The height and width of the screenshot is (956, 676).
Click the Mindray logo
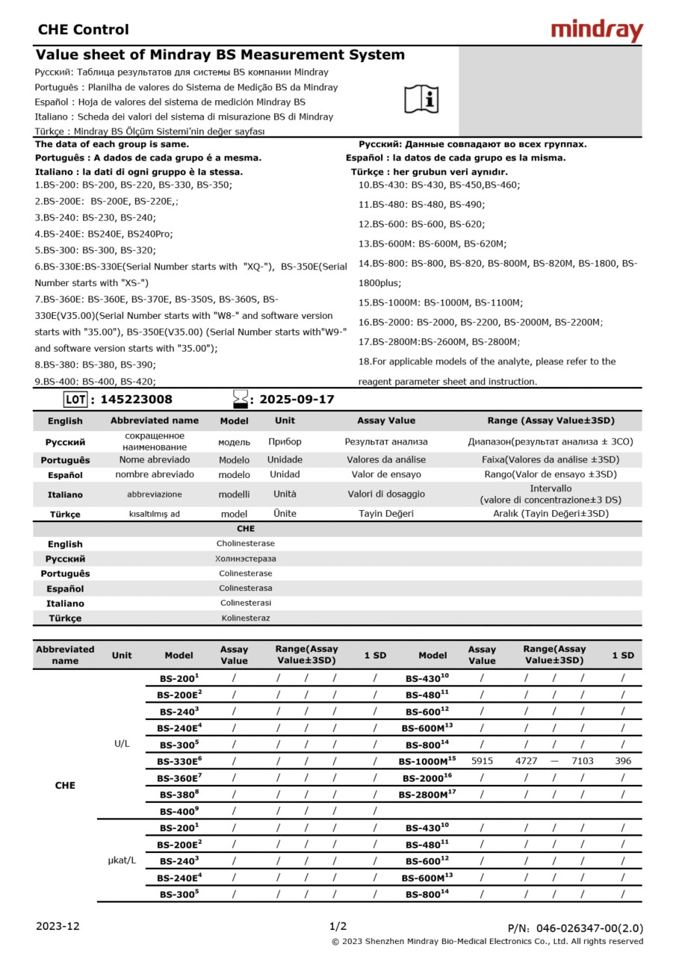click(x=597, y=31)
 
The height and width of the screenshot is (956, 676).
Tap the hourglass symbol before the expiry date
click(x=240, y=399)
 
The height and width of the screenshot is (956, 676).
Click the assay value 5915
click(x=482, y=761)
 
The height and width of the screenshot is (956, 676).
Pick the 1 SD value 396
click(x=623, y=761)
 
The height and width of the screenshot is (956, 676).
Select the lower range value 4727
click(x=527, y=761)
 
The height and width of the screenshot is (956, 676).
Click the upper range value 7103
click(x=583, y=761)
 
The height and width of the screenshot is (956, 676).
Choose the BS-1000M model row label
click(x=427, y=761)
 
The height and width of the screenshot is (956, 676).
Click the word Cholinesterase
click(x=245, y=544)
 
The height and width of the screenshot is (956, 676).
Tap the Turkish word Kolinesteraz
click(x=245, y=618)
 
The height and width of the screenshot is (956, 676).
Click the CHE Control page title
click(x=83, y=30)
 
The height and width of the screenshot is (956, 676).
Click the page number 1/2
click(x=338, y=926)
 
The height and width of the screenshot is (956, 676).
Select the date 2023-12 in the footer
click(x=58, y=926)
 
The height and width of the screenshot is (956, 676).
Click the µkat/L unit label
click(x=122, y=860)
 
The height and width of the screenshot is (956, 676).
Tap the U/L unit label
click(x=122, y=744)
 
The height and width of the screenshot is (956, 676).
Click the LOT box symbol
click(x=75, y=400)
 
